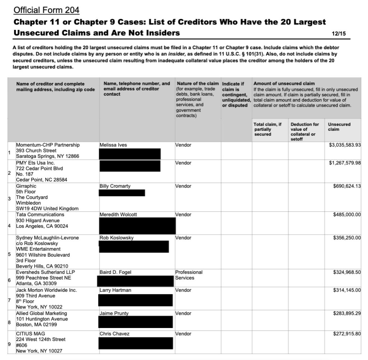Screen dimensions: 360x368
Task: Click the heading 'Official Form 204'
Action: tap(46, 10)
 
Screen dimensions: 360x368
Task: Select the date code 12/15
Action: tap(339, 34)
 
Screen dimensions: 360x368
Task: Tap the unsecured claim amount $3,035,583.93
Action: tap(345, 145)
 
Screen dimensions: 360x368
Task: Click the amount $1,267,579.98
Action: tap(345, 163)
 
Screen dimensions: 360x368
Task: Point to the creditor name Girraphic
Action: tap(26, 186)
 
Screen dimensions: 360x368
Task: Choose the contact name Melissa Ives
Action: tap(113, 145)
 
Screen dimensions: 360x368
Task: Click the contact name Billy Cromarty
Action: tap(115, 186)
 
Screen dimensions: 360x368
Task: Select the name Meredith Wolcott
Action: tap(118, 214)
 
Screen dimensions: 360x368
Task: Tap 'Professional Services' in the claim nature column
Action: tap(189, 275)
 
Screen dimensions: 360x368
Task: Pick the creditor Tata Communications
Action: tap(40, 214)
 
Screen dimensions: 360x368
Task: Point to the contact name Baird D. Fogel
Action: tap(115, 272)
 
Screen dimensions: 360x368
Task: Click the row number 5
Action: tap(9, 254)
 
